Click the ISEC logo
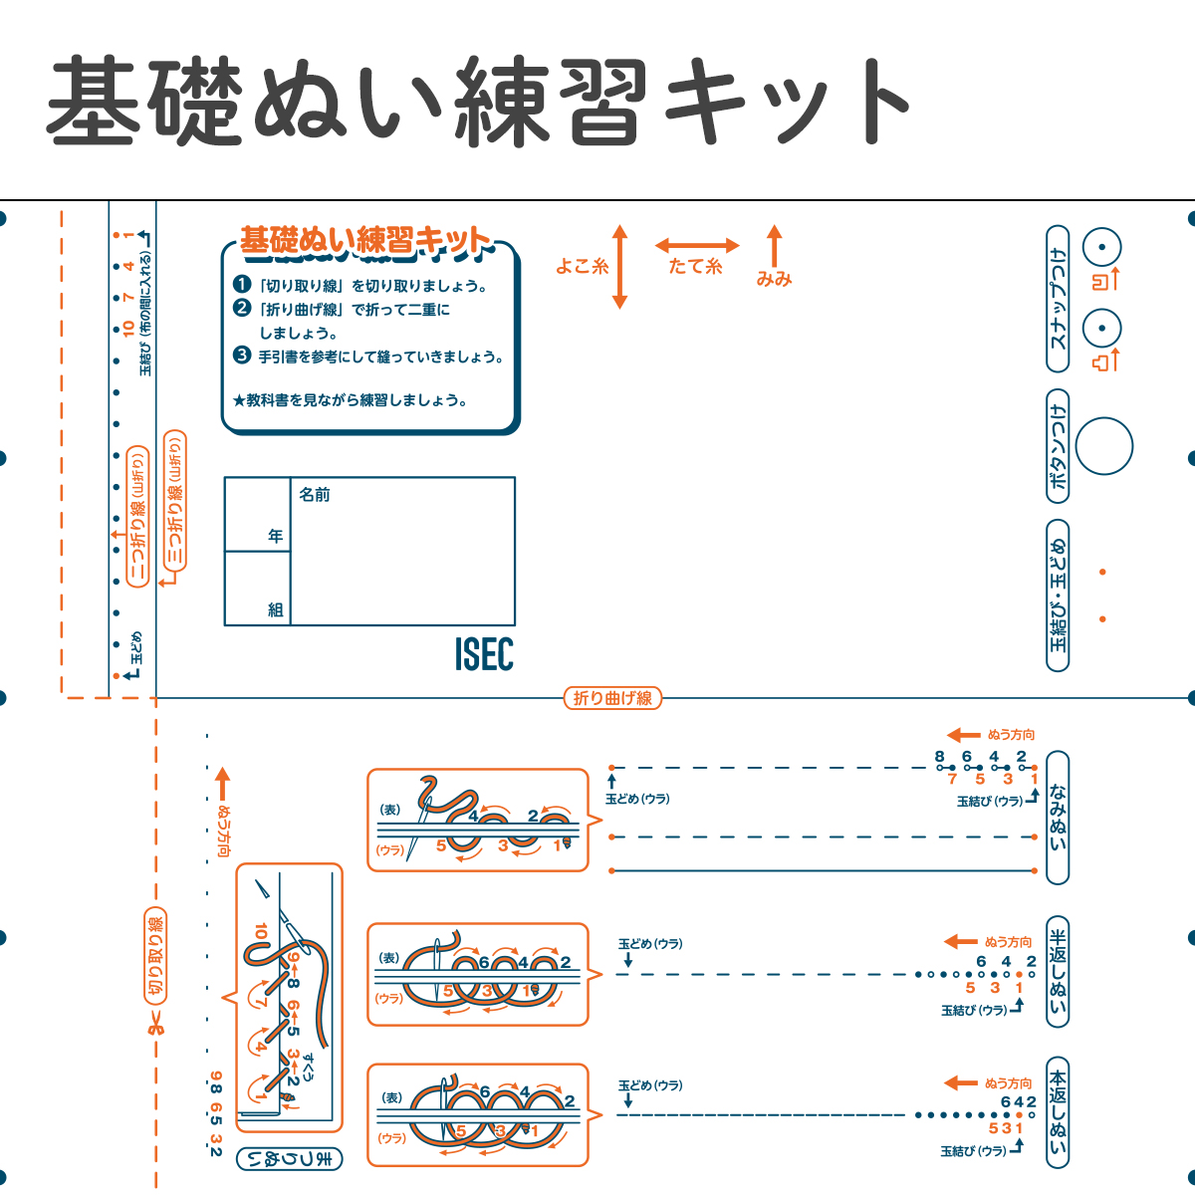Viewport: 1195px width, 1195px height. pos(484,654)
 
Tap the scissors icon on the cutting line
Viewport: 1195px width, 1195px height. pos(155,1024)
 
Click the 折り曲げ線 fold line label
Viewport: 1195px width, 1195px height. pos(612,698)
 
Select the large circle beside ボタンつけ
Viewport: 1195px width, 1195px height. pos(1104,446)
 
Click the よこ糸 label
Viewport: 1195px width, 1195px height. pos(582,266)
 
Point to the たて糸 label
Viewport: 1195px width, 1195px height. pos(695,266)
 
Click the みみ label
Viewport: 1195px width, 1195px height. pos(774,279)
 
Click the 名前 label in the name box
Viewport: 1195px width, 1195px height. pos(315,494)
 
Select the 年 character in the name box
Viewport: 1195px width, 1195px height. pos(276,536)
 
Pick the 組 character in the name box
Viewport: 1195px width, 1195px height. pos(276,609)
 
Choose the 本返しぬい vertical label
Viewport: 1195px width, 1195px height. pos(1058,1112)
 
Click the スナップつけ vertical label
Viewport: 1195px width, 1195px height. pos(1058,298)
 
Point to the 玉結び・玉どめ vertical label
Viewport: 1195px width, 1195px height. pos(1058,595)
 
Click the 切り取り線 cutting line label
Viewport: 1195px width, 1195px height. pos(155,956)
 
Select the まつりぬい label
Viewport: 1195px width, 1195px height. pos(290,1159)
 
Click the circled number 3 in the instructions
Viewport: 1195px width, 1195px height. pos(241,356)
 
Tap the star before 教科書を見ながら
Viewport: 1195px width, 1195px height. pos(239,400)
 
